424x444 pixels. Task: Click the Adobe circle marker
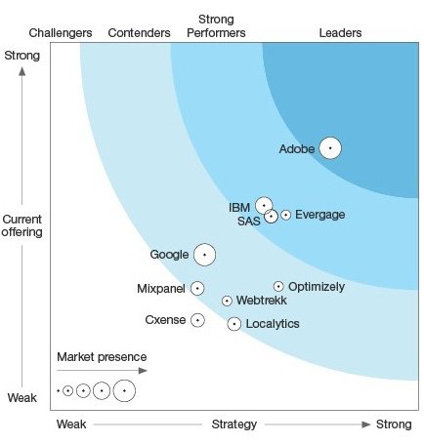tap(330, 148)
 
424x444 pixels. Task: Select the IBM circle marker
tap(264, 206)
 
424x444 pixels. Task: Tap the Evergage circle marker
tap(285, 215)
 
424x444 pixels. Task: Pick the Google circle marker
tap(204, 255)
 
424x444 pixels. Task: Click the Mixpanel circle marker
tap(197, 288)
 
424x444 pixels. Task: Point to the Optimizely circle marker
tap(278, 286)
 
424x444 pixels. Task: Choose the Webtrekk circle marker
tap(227, 302)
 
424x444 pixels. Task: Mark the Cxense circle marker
tap(197, 320)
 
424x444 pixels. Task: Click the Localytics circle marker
tap(234, 324)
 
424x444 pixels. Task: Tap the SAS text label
tap(248, 222)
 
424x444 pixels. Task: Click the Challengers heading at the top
tap(61, 33)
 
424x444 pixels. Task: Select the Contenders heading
tap(139, 33)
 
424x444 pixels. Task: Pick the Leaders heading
tap(340, 33)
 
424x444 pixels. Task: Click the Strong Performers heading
tap(222, 26)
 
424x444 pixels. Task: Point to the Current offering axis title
tap(22, 225)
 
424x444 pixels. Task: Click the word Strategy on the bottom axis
tap(234, 424)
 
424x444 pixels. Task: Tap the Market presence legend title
tap(102, 356)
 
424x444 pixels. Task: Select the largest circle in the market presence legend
tap(124, 391)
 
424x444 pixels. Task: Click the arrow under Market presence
tap(103, 371)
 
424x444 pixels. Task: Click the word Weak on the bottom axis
tap(72, 424)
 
